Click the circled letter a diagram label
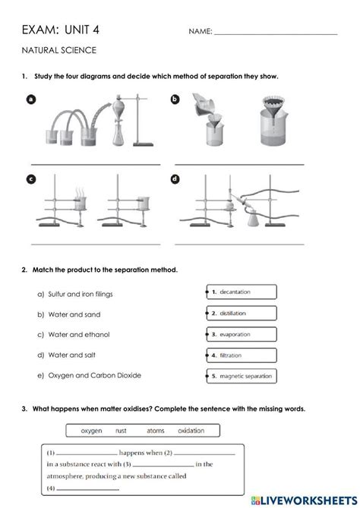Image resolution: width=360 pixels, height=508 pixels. (x=31, y=99)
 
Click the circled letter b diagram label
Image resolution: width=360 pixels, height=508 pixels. (x=175, y=99)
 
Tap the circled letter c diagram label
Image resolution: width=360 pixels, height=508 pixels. (x=31, y=179)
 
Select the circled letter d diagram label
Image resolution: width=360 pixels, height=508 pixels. (x=175, y=179)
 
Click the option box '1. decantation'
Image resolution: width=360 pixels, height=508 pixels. (x=242, y=292)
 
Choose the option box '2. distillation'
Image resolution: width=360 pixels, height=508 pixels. (x=242, y=313)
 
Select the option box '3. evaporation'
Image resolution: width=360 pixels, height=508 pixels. (x=242, y=334)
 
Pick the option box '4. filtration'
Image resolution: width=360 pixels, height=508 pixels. (x=242, y=355)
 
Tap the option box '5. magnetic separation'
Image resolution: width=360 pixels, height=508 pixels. (x=242, y=376)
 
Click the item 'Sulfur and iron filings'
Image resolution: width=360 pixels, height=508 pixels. (x=80, y=294)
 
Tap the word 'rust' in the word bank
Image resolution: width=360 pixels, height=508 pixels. (x=122, y=431)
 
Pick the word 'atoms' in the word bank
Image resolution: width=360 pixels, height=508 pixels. (x=155, y=431)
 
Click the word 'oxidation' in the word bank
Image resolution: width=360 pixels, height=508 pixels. (x=191, y=431)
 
